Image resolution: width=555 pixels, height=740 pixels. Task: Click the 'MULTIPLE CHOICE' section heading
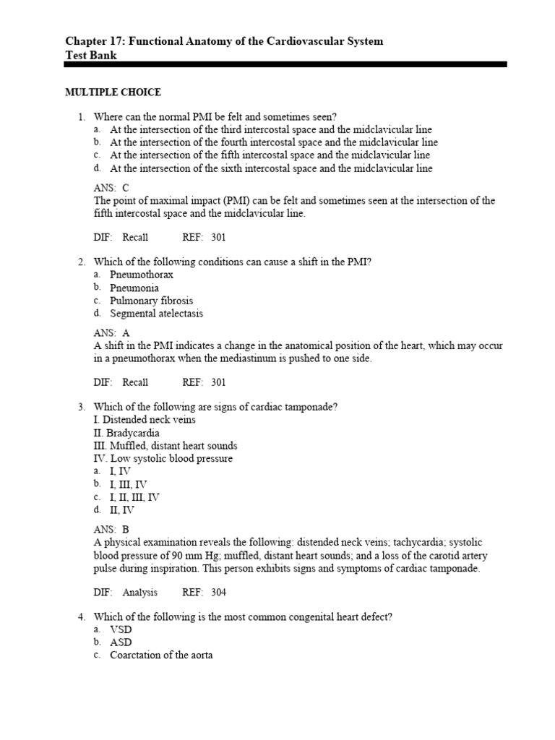click(x=113, y=92)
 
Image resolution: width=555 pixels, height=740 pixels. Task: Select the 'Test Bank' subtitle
click(x=90, y=55)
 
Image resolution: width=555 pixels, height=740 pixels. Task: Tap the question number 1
click(x=82, y=117)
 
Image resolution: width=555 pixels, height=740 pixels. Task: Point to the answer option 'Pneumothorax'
click(x=142, y=275)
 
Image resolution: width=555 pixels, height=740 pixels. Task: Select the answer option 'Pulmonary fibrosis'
click(x=151, y=301)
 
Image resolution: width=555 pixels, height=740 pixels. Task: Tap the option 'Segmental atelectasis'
click(x=156, y=314)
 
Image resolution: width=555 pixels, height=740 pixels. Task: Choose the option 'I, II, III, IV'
click(x=134, y=497)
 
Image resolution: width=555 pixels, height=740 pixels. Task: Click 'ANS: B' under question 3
click(x=111, y=529)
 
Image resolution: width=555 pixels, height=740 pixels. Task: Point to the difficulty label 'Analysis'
click(x=139, y=593)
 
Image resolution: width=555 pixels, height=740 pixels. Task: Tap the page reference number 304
click(x=218, y=593)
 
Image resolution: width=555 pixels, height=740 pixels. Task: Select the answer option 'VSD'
click(x=121, y=629)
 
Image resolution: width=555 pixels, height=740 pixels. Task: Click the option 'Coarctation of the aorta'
click(x=161, y=655)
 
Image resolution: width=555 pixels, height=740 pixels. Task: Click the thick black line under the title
click(x=285, y=65)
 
